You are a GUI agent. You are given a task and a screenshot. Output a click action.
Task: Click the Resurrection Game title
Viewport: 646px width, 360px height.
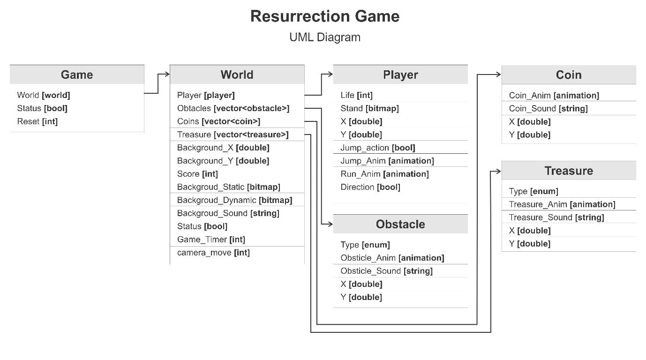pyautogui.click(x=325, y=16)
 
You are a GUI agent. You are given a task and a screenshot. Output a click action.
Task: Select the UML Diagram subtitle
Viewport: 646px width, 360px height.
pyautogui.click(x=325, y=37)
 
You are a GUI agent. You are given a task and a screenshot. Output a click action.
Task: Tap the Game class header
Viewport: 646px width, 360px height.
pyautogui.click(x=77, y=75)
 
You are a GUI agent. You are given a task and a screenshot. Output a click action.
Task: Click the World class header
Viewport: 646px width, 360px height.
pyautogui.click(x=237, y=75)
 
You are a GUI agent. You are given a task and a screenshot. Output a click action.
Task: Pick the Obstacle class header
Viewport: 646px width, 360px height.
pyautogui.click(x=400, y=224)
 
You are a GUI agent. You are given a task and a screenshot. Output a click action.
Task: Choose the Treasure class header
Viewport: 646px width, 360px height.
pyautogui.click(x=569, y=171)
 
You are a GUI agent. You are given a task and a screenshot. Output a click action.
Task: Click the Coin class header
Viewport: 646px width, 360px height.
pyautogui.click(x=569, y=75)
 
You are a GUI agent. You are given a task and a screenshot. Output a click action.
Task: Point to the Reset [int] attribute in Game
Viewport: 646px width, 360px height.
pyautogui.click(x=38, y=121)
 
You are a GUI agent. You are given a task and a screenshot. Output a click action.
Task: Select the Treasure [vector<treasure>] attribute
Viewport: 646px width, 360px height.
pyautogui.click(x=233, y=135)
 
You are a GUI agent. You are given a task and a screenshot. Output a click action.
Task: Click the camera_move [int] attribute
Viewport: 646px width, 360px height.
pyautogui.click(x=213, y=253)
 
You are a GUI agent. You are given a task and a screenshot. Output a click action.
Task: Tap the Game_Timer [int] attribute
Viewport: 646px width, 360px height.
pyautogui.click(x=211, y=240)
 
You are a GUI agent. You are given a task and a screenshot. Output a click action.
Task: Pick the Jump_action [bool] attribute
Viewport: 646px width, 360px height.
pyautogui.click(x=378, y=148)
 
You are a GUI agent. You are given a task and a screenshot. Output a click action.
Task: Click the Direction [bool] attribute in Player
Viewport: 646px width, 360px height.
pyautogui.click(x=370, y=187)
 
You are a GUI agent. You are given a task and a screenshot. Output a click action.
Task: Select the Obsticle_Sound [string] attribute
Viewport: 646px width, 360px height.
pyautogui.click(x=386, y=271)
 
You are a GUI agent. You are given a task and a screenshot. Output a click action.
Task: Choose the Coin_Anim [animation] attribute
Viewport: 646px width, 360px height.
pyautogui.click(x=554, y=95)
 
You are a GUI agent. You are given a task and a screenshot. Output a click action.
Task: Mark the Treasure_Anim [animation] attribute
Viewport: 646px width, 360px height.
pyautogui.click(x=562, y=204)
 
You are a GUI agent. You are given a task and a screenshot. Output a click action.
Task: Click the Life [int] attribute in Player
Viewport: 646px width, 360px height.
pyautogui.click(x=356, y=95)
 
